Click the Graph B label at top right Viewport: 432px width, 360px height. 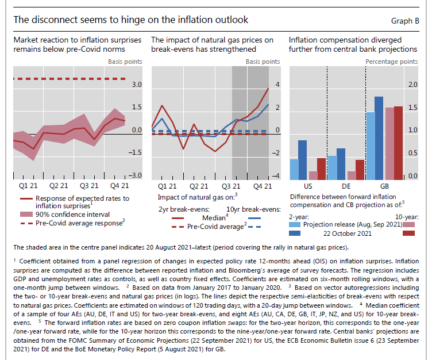[404, 21]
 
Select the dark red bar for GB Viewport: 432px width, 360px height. [398, 143]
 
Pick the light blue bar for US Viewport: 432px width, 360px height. [295, 169]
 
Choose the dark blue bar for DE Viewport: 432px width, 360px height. [341, 164]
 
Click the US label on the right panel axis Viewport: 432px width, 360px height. [308, 186]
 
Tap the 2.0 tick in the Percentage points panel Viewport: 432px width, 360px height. [412, 85]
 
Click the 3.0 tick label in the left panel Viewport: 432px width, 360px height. [136, 85]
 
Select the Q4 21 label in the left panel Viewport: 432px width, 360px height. [120, 186]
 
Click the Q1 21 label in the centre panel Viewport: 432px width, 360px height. [167, 186]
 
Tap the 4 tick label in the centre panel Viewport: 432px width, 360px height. [277, 85]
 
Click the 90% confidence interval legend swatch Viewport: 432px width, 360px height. [28, 215]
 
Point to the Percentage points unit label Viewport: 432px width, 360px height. [392, 61]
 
